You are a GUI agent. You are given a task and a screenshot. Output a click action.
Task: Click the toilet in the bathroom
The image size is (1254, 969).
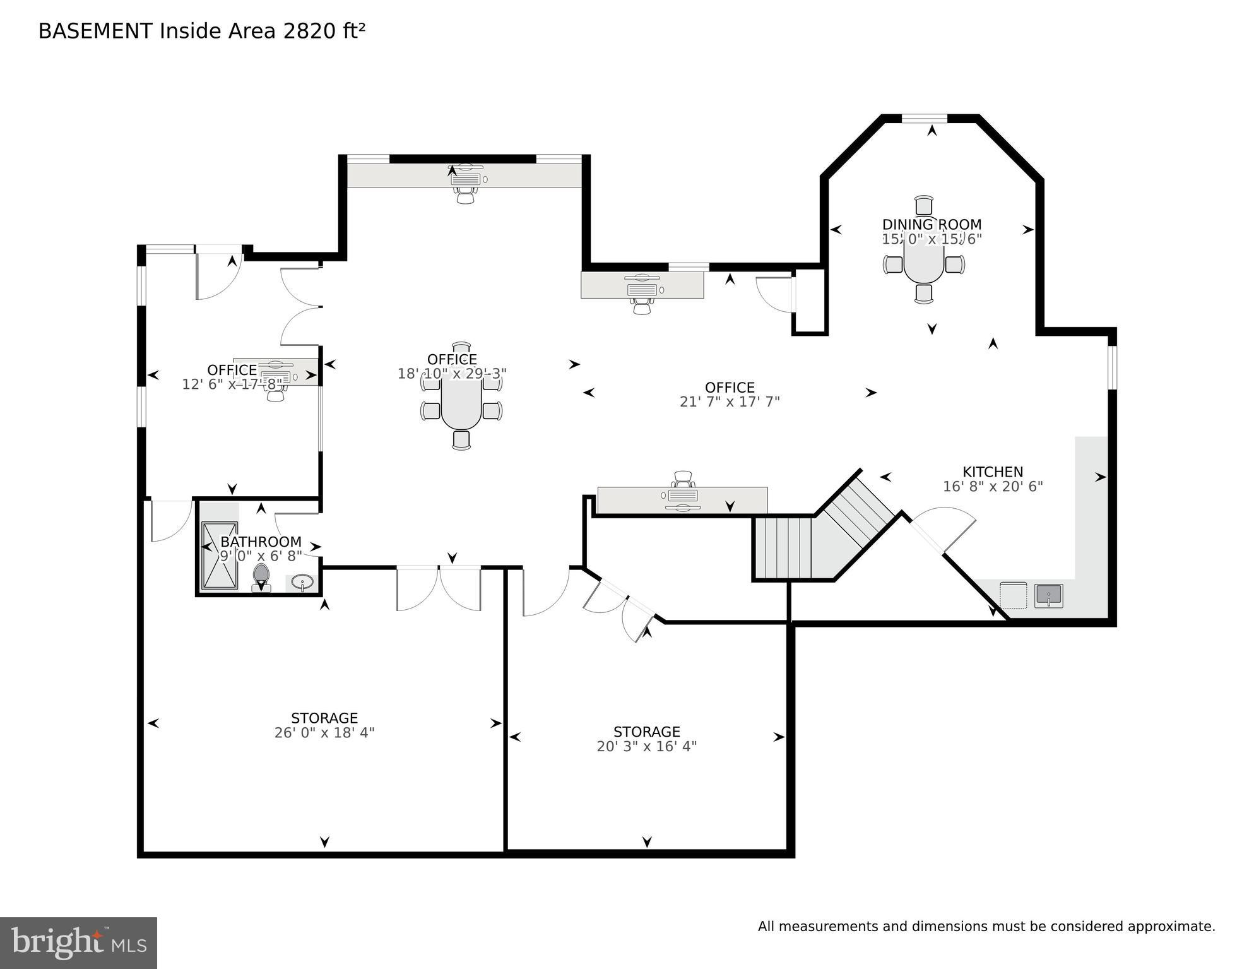tap(261, 577)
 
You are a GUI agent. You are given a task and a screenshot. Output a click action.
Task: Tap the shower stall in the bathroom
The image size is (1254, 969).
tap(220, 556)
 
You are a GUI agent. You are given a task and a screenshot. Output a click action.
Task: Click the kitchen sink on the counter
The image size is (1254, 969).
tap(1048, 595)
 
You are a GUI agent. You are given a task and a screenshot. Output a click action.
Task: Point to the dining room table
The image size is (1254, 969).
tap(924, 261)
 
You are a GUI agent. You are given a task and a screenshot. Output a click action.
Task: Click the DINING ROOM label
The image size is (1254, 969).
tap(932, 224)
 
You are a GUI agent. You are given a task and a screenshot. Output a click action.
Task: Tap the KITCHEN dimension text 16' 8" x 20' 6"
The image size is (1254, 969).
tap(993, 487)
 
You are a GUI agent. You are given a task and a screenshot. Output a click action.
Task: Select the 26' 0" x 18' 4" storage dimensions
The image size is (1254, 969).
tap(324, 733)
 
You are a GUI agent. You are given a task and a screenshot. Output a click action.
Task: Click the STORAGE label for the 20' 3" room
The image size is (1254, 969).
tap(647, 732)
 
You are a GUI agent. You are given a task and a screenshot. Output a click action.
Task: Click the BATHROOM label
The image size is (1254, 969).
tap(261, 542)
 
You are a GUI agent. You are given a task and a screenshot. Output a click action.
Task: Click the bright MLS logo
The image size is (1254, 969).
tap(78, 942)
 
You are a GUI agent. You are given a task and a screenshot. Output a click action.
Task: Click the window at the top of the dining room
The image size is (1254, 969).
tap(924, 118)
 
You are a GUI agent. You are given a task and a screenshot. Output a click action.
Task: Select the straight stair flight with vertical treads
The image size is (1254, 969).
tap(783, 547)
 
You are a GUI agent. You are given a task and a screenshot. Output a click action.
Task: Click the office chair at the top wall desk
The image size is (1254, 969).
tap(466, 196)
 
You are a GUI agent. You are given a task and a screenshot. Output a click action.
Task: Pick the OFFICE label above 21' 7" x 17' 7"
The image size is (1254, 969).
tap(730, 387)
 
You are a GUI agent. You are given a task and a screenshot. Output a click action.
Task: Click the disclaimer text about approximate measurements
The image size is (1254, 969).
tap(986, 927)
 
